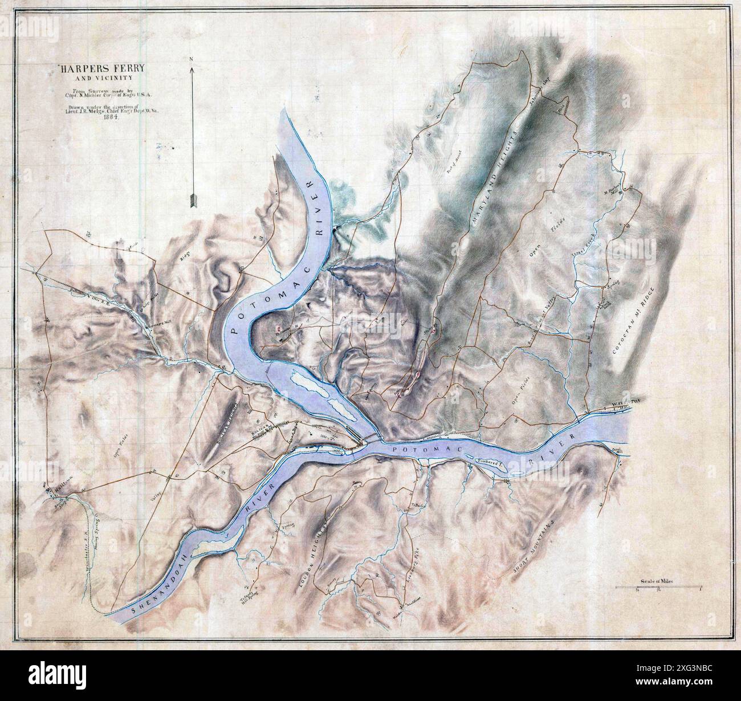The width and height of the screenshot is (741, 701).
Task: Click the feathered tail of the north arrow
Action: (192, 200)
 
